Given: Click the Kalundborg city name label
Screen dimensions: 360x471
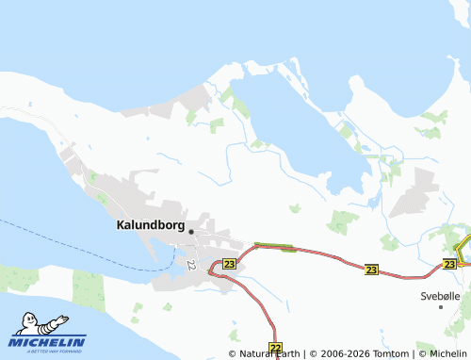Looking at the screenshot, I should pos(149,226).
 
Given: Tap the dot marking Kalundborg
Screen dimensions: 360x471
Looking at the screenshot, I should pos(191,232).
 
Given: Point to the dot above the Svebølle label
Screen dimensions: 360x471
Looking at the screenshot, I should pos(440,306).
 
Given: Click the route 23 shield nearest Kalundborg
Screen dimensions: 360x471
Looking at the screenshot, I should pos(229,265).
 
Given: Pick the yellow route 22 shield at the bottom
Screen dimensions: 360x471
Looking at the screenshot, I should pos(275,348).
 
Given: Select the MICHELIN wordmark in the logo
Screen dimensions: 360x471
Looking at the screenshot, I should pos(50,342).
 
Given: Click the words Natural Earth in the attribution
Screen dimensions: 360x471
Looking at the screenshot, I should pos(268,353).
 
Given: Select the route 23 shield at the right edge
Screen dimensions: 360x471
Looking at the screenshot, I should pos(451,265).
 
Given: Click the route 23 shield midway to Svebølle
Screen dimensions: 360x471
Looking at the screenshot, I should pos(370,269).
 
